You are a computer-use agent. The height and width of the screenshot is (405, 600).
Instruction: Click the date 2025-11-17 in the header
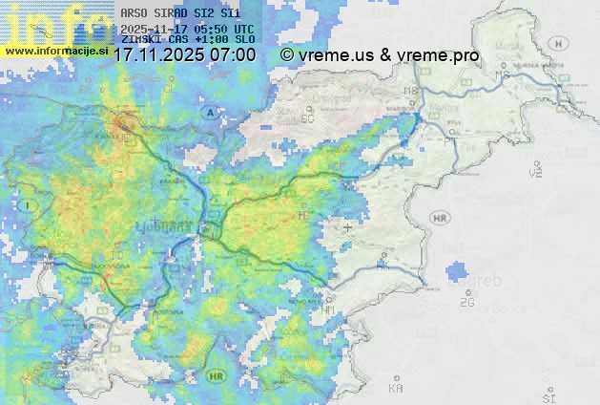pos(155,29)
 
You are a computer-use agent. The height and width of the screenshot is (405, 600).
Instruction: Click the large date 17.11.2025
pos(160,55)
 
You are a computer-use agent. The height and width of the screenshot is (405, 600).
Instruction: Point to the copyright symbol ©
pos(287,55)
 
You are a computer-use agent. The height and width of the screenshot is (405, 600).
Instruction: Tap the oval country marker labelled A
pos(209,113)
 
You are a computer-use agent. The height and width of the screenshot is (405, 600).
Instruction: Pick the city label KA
pos(396,389)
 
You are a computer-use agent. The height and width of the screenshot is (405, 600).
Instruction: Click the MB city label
pos(412,92)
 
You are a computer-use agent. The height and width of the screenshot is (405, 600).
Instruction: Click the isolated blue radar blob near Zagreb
pos(459,272)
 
